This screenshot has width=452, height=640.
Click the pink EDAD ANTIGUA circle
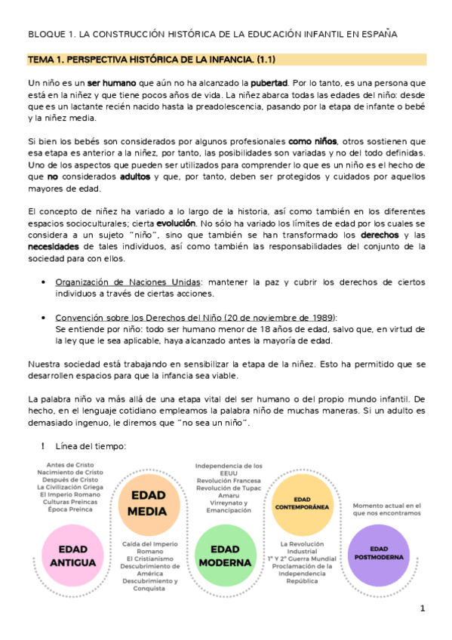coord(73,555)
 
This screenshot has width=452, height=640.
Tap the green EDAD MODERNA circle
coord(224,555)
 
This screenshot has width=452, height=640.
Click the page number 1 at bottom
coord(423,608)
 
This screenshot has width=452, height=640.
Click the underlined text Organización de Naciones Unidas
coord(118,282)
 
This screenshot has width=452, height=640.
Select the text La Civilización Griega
coord(75,488)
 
